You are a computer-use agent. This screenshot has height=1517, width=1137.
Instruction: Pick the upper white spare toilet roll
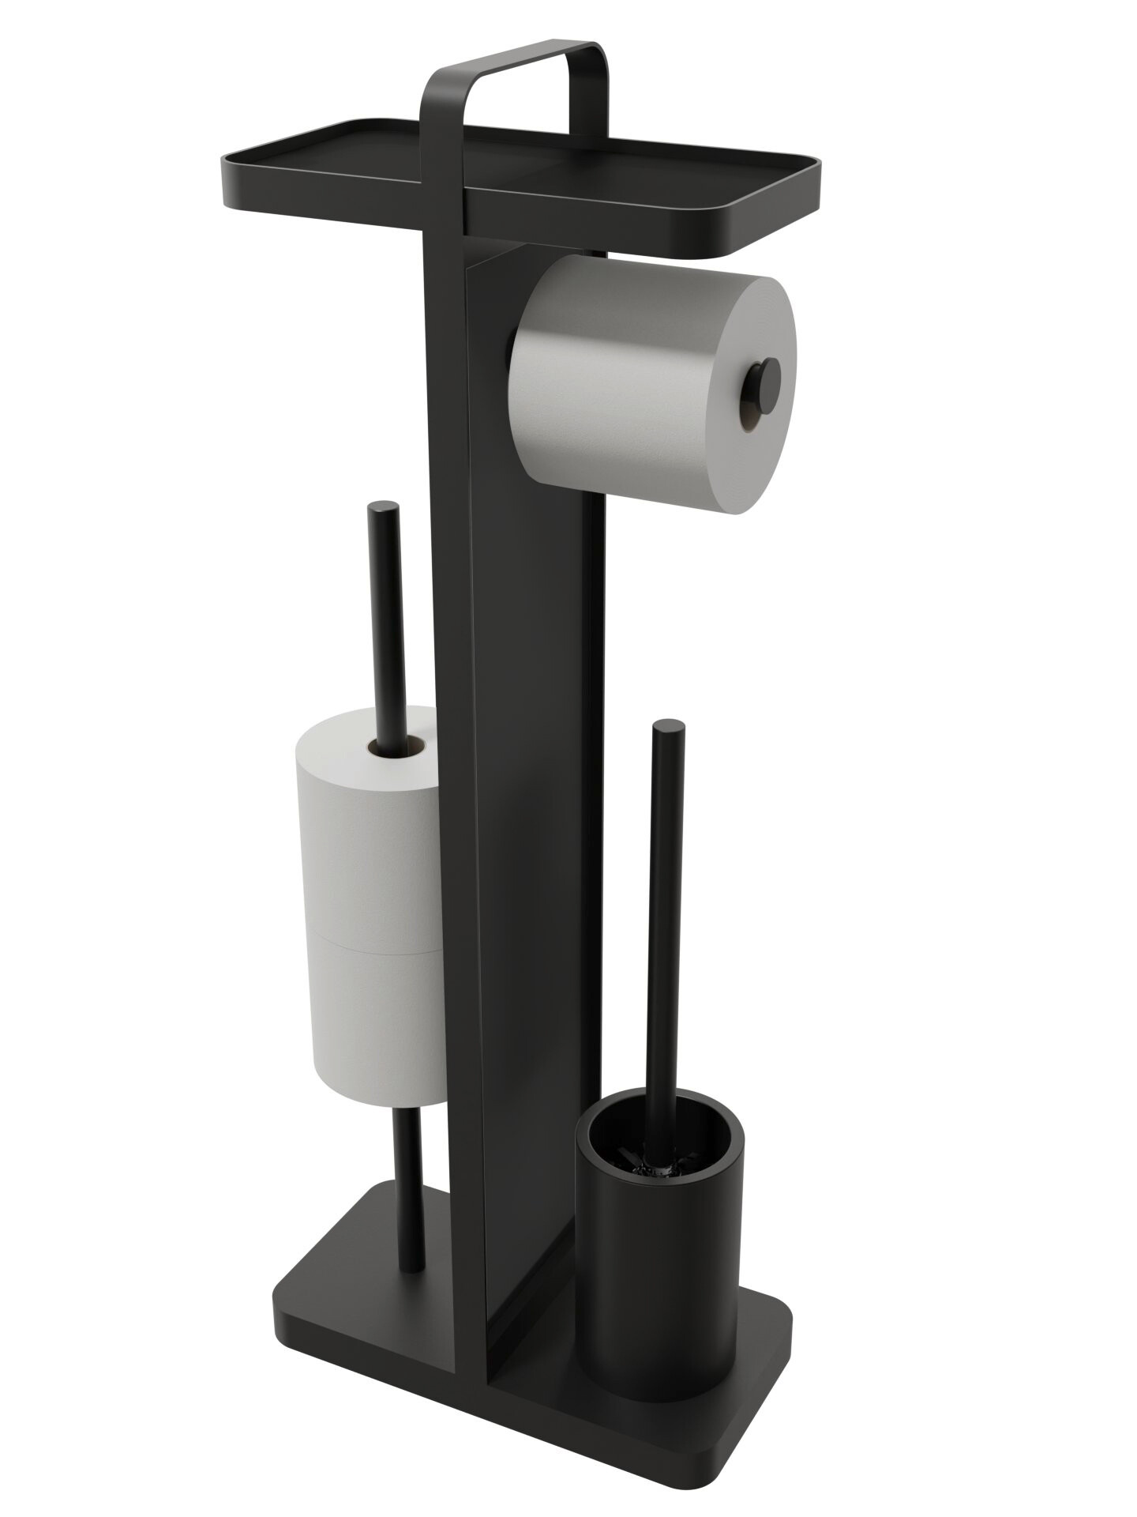pos(363,838)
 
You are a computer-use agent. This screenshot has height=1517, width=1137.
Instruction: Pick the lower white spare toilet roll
pos(371,1019)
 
